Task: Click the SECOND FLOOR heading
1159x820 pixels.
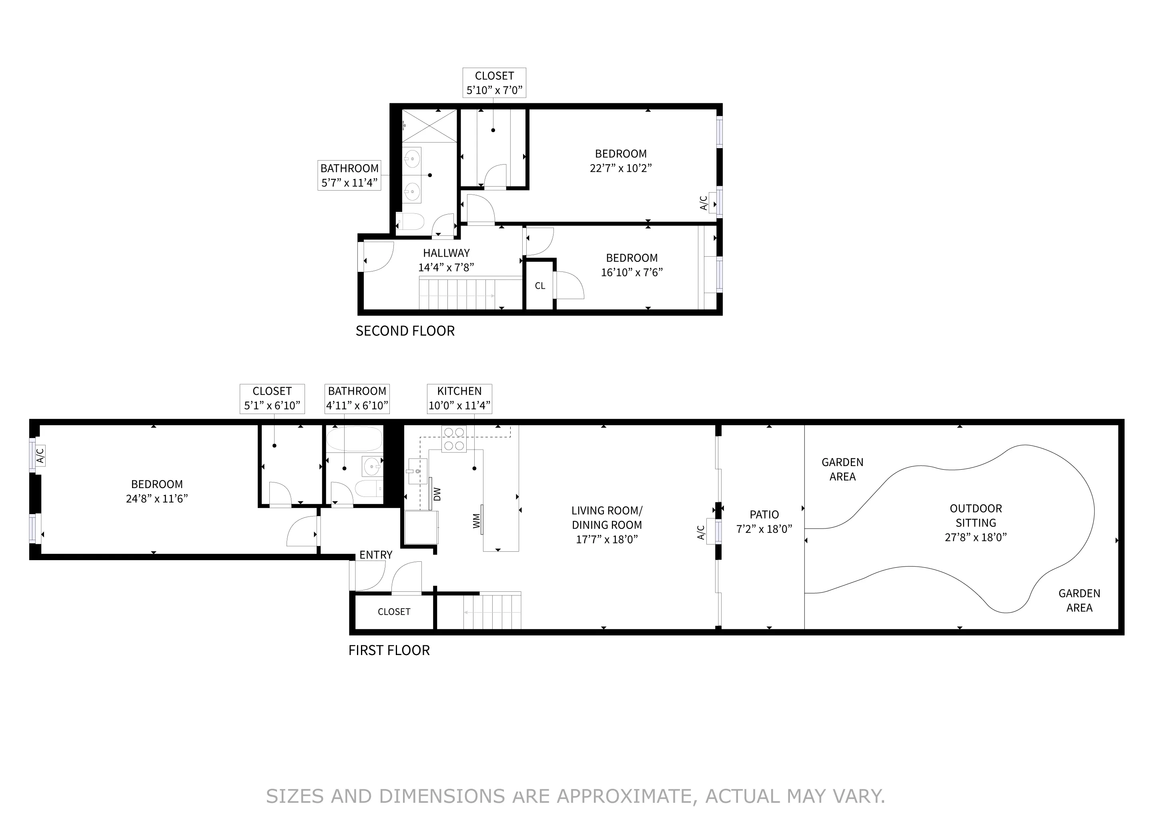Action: (405, 331)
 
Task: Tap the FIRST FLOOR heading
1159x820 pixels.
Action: (389, 650)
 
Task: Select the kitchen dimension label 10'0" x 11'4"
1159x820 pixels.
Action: (459, 406)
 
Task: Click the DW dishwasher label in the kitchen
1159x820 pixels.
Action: (437, 494)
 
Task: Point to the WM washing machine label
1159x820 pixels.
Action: (476, 521)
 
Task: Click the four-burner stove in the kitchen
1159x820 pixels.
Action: (454, 439)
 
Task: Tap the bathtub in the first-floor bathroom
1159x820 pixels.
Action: (354, 439)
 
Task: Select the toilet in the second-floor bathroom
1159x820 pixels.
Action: (410, 221)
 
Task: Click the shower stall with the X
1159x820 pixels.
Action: (429, 126)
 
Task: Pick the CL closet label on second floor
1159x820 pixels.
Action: (539, 286)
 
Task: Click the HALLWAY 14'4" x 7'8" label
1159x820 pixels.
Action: (446, 260)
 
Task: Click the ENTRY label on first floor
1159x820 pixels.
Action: (375, 555)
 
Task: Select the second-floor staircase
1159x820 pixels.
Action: (457, 294)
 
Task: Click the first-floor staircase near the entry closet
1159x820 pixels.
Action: (492, 612)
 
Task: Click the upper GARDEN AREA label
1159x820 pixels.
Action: (842, 469)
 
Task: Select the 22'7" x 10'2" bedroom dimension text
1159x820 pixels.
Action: (620, 168)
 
